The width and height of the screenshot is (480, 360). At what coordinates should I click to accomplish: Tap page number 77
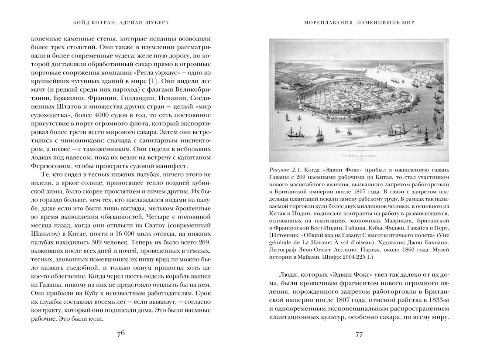pyautogui.click(x=359, y=335)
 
